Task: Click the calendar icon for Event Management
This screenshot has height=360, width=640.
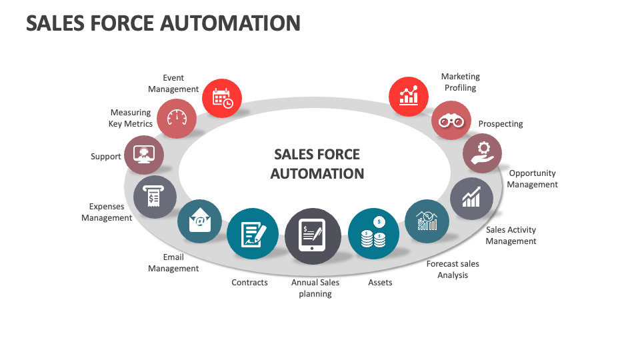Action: pos(221,99)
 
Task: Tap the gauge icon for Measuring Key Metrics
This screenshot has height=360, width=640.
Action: pos(177,118)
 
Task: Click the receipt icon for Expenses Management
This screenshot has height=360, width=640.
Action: pos(155,197)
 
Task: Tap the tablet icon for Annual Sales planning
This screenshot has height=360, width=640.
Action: pos(313,236)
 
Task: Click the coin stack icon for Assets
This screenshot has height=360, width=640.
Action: pos(373,234)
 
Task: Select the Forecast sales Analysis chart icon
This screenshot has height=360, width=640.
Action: pos(427,221)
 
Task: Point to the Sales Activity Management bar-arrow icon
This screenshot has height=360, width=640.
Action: pos(471,197)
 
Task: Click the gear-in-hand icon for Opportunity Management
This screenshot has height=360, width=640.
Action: pos(483,153)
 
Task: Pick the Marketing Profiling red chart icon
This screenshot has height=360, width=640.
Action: pos(409,96)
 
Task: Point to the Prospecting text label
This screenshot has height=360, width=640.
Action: pos(501,124)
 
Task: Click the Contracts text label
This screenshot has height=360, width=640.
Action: pos(249,283)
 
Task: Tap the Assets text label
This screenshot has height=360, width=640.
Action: pos(380,283)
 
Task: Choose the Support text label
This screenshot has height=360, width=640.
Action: pos(106,157)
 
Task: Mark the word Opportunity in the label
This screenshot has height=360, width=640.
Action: pos(533,173)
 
